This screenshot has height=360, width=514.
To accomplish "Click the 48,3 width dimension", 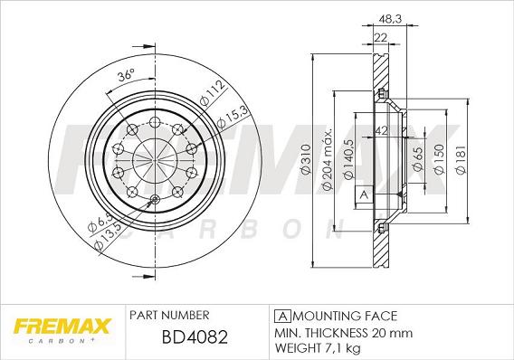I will tap(390, 17).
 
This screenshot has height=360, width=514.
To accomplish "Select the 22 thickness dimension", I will tap(380, 35).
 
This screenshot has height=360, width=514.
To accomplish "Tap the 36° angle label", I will tap(127, 76).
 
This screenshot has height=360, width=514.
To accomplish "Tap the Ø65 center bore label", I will tap(418, 161).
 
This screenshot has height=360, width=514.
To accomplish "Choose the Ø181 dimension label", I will tap(462, 161).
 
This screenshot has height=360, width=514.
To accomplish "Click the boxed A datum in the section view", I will tap(364, 195).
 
